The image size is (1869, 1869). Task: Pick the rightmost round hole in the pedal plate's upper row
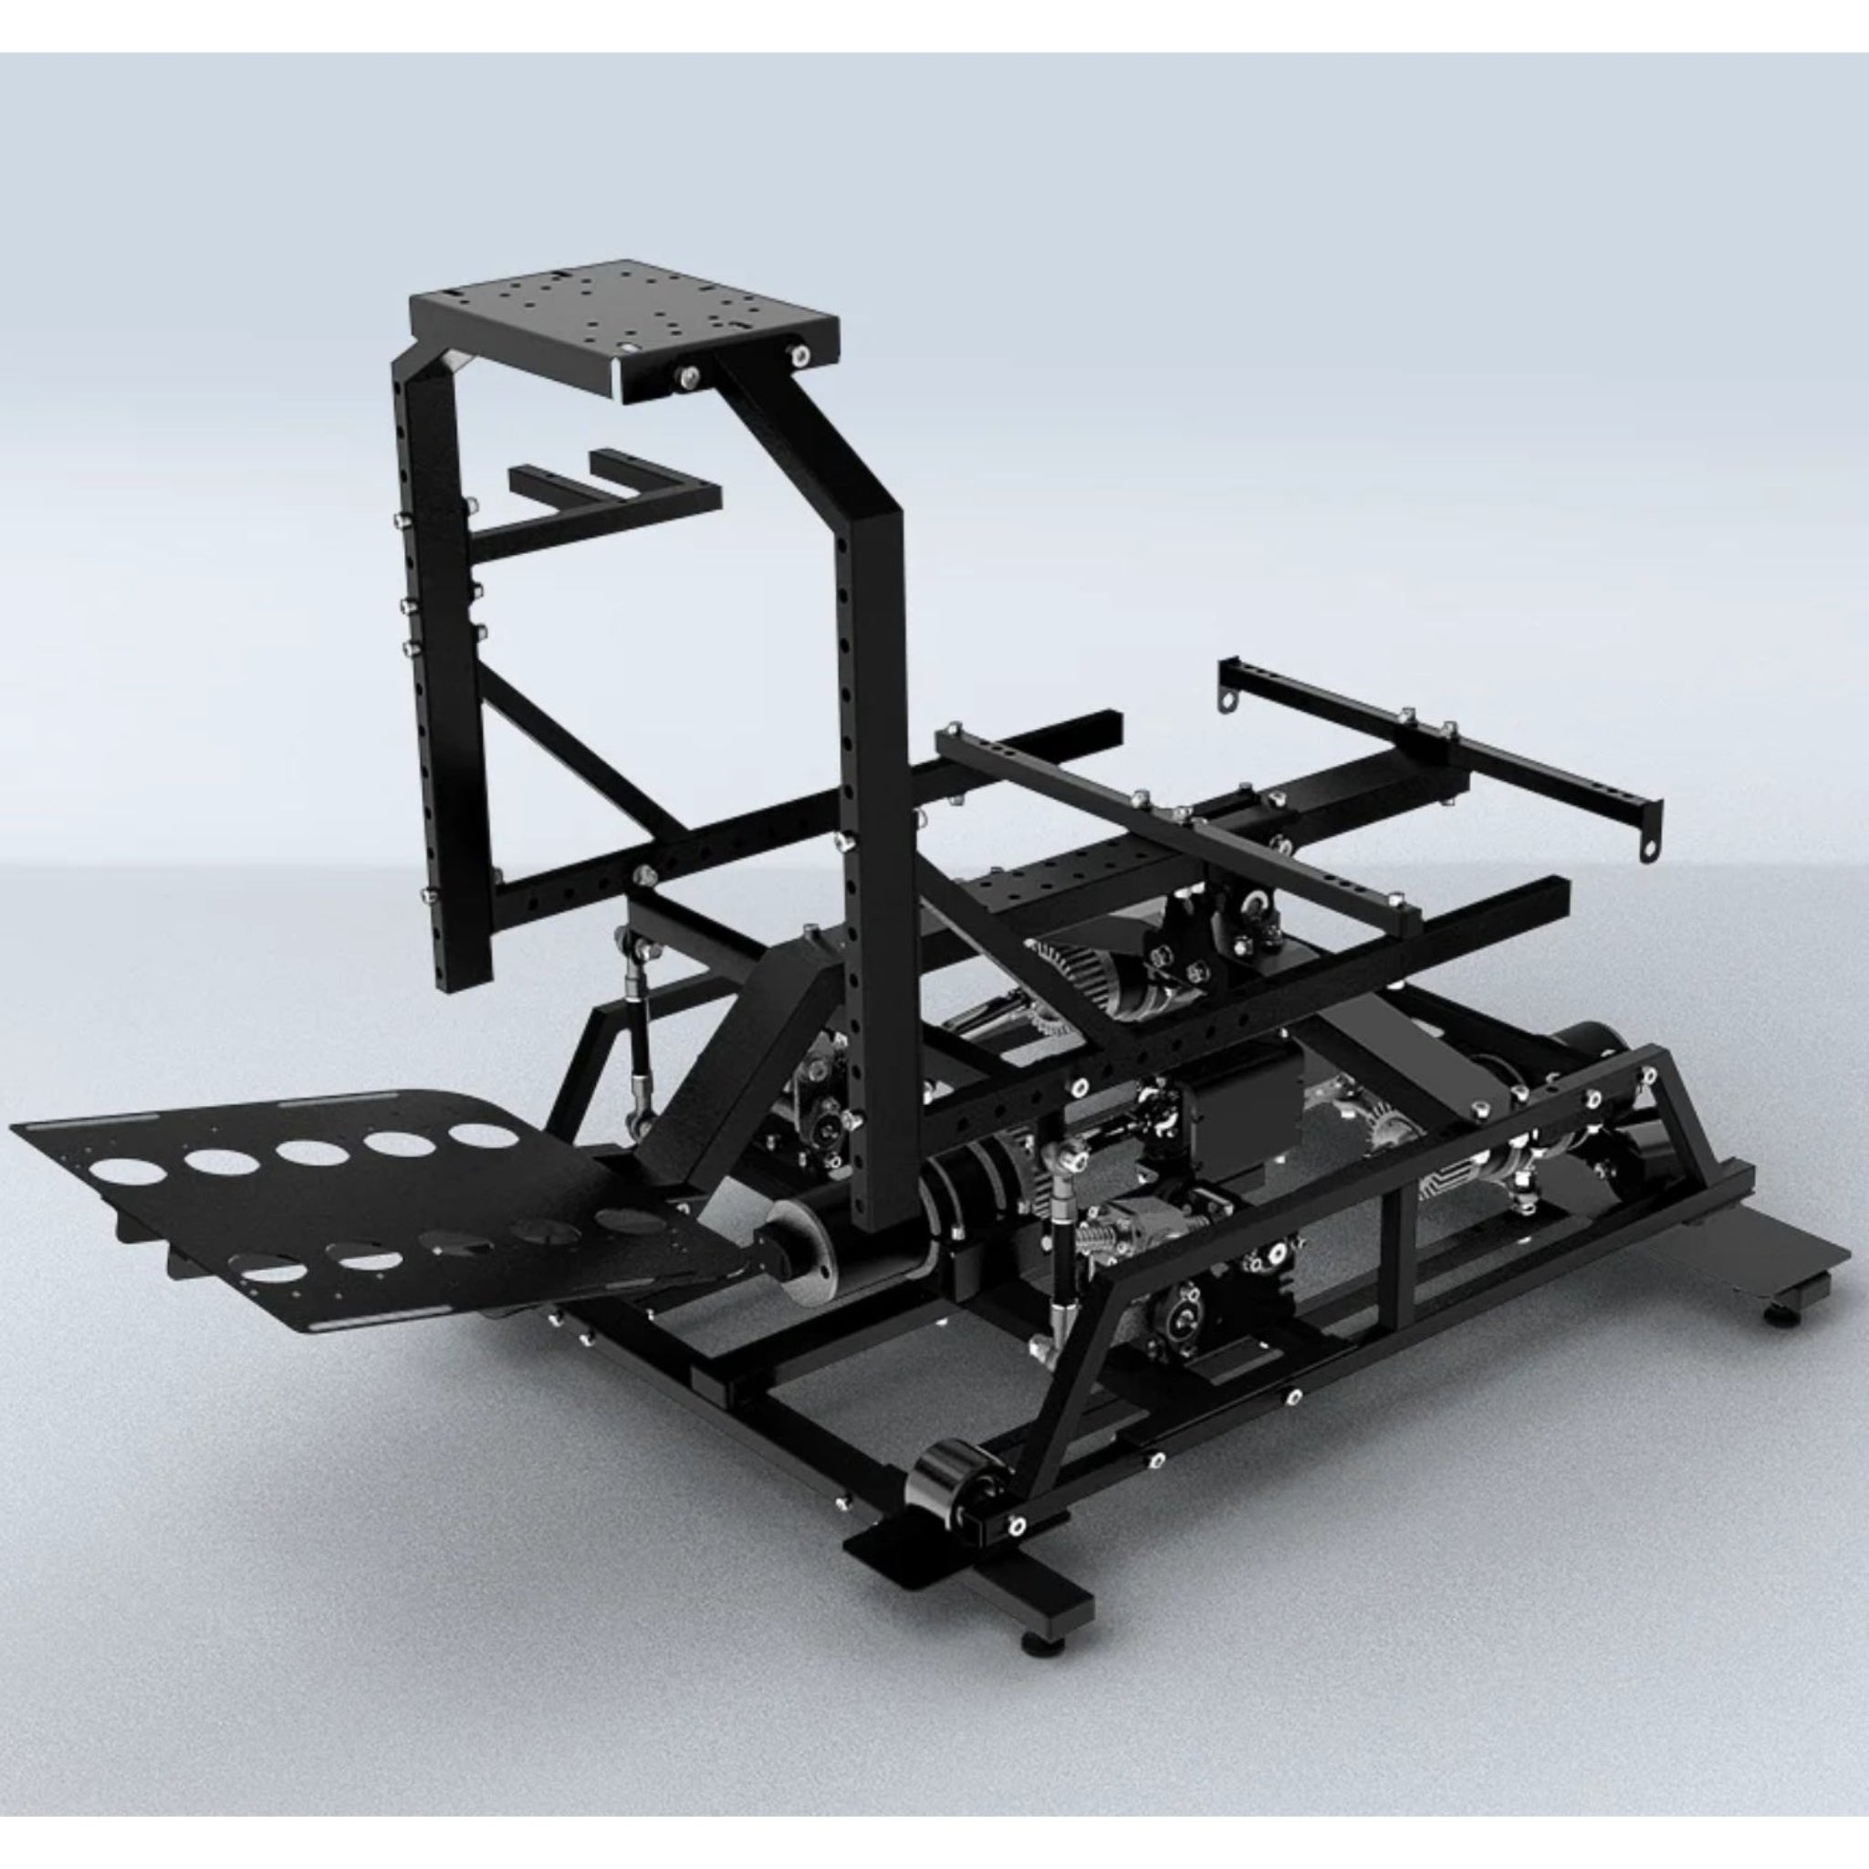point(483,1134)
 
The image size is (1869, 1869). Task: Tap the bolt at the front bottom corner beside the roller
point(1017,1527)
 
